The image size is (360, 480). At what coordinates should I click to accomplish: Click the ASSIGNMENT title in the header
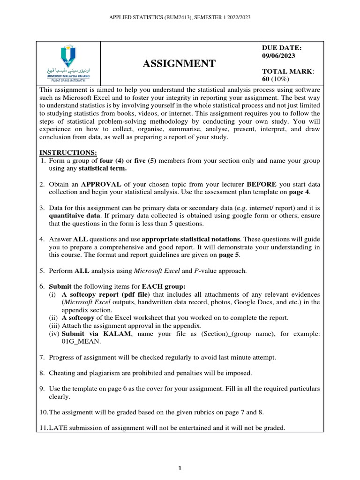click(x=179, y=63)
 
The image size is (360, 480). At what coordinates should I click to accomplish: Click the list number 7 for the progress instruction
click(x=41, y=357)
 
